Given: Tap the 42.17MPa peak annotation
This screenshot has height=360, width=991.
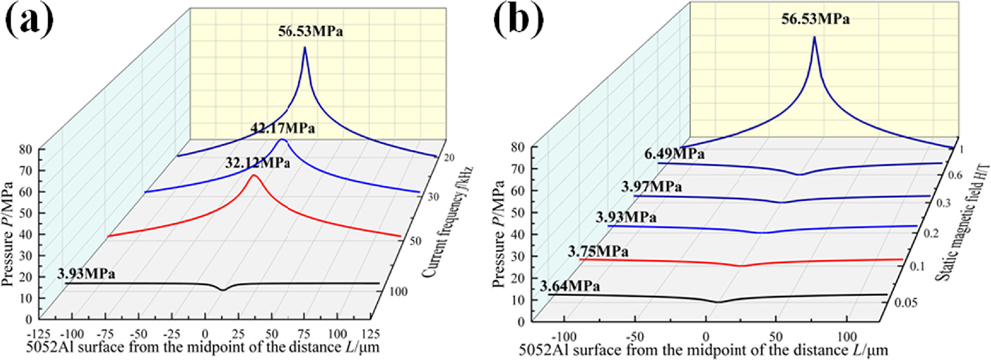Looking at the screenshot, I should (283, 128).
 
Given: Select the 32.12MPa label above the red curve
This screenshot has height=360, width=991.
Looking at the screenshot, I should (257, 163).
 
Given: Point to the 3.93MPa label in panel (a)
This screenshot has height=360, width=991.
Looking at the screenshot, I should (86, 273).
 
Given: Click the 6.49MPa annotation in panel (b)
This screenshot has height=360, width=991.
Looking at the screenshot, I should (674, 154).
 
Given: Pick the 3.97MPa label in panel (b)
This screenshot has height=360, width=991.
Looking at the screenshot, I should (651, 187).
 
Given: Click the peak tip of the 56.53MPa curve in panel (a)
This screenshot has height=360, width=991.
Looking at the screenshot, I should (305, 47).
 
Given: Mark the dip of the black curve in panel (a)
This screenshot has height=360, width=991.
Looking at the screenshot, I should (223, 290).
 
